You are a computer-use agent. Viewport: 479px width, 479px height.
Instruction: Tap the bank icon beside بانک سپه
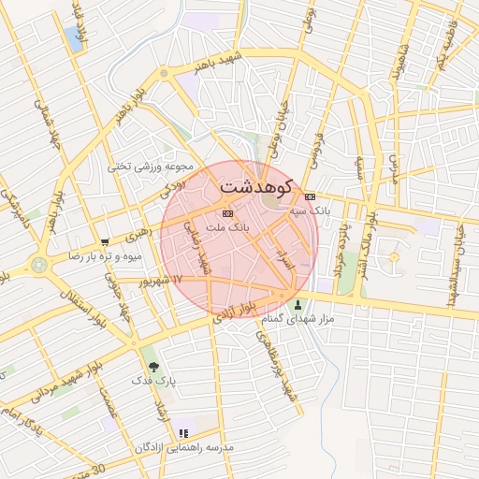311,196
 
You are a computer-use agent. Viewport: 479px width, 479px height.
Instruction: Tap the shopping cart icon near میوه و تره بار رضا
105,240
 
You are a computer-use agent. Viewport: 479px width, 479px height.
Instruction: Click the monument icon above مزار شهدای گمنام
298,304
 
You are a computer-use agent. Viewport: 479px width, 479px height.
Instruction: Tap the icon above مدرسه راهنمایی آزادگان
183,433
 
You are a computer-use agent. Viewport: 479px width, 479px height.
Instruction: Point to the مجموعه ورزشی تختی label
150,166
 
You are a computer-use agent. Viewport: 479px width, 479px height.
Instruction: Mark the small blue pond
73,38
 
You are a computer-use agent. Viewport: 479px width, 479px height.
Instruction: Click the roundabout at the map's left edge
38,265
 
